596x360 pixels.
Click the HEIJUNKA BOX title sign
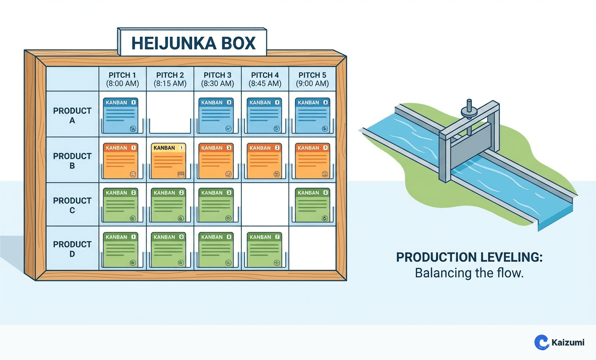click(x=193, y=43)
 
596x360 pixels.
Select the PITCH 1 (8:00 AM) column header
click(x=122, y=79)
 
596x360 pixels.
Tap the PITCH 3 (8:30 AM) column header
click(x=217, y=79)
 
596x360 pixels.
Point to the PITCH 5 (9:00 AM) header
click(x=312, y=79)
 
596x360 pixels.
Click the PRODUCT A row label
click(x=72, y=115)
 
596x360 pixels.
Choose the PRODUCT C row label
click(x=72, y=205)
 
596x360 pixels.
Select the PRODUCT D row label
click(x=72, y=249)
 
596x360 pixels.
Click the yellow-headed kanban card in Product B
click(x=168, y=161)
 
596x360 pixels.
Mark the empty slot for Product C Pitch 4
click(x=265, y=204)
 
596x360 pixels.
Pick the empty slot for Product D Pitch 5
click(x=312, y=248)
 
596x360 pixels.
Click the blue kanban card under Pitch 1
click(x=121, y=115)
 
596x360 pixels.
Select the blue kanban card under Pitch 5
click(x=312, y=115)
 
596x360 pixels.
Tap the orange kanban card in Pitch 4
click(x=264, y=161)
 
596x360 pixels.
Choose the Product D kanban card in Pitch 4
click(x=264, y=250)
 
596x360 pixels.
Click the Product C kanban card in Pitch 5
click(x=312, y=205)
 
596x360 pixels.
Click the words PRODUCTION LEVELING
click(x=469, y=257)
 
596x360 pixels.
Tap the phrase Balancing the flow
click(x=469, y=273)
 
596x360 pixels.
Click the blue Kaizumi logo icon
click(x=541, y=342)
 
